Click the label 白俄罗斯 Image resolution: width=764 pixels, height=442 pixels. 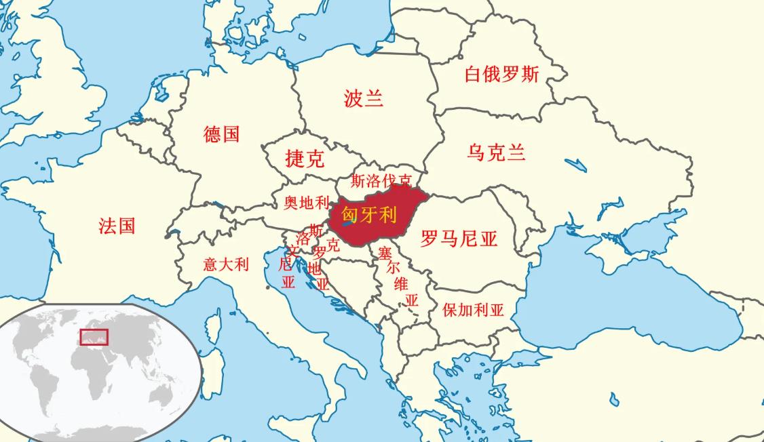pos(501,74)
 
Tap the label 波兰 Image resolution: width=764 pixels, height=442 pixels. pos(364,99)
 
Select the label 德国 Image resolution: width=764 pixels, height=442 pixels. pos(222,134)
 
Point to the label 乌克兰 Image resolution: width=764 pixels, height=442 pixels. pos(496,153)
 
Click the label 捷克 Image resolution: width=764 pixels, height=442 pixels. pos(305,159)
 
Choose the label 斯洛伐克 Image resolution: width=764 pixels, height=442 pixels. pos(381,181)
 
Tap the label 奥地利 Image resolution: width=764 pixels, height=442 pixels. pos(306,203)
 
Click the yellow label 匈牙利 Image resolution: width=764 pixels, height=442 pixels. pos(369,215)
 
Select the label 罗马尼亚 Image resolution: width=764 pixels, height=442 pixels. pos(459,239)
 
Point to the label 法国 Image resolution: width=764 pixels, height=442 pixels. pos(117,226)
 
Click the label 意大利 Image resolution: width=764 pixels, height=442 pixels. pos(226,264)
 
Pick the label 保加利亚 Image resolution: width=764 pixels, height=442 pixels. pos(473,310)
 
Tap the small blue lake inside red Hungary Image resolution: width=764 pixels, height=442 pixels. pos(348,221)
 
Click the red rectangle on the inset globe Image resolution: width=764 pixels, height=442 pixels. pos(94,336)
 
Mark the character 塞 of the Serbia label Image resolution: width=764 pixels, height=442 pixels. pos(385,254)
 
